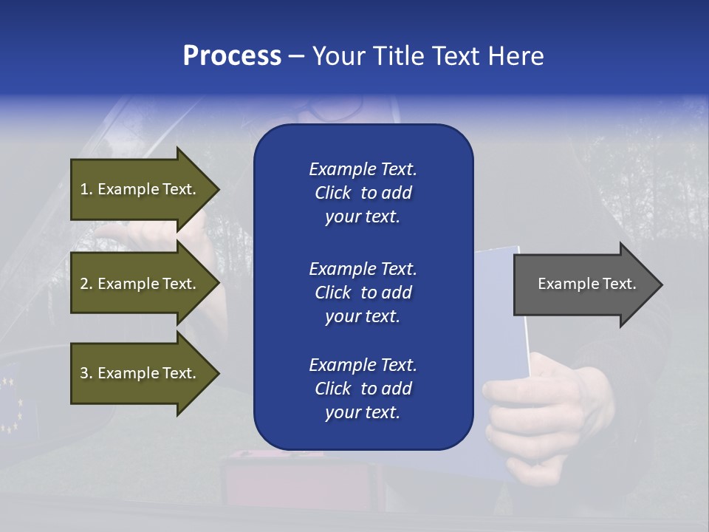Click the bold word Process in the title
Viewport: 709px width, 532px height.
[x=232, y=55]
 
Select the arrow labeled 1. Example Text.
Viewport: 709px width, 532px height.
[x=138, y=189]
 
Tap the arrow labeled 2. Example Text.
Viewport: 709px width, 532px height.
[x=138, y=284]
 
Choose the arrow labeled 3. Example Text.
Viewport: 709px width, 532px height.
[x=138, y=373]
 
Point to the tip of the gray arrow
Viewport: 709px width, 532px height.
[x=660, y=284]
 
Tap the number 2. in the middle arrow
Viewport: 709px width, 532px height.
[x=86, y=284]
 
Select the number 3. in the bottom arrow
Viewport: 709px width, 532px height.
[x=86, y=373]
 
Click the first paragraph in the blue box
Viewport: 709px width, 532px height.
[x=363, y=193]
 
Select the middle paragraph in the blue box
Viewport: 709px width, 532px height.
[x=363, y=292]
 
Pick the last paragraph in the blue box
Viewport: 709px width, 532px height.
[x=363, y=389]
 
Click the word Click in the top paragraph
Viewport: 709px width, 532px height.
[x=333, y=193]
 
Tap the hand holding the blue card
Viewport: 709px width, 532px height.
[x=547, y=414]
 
